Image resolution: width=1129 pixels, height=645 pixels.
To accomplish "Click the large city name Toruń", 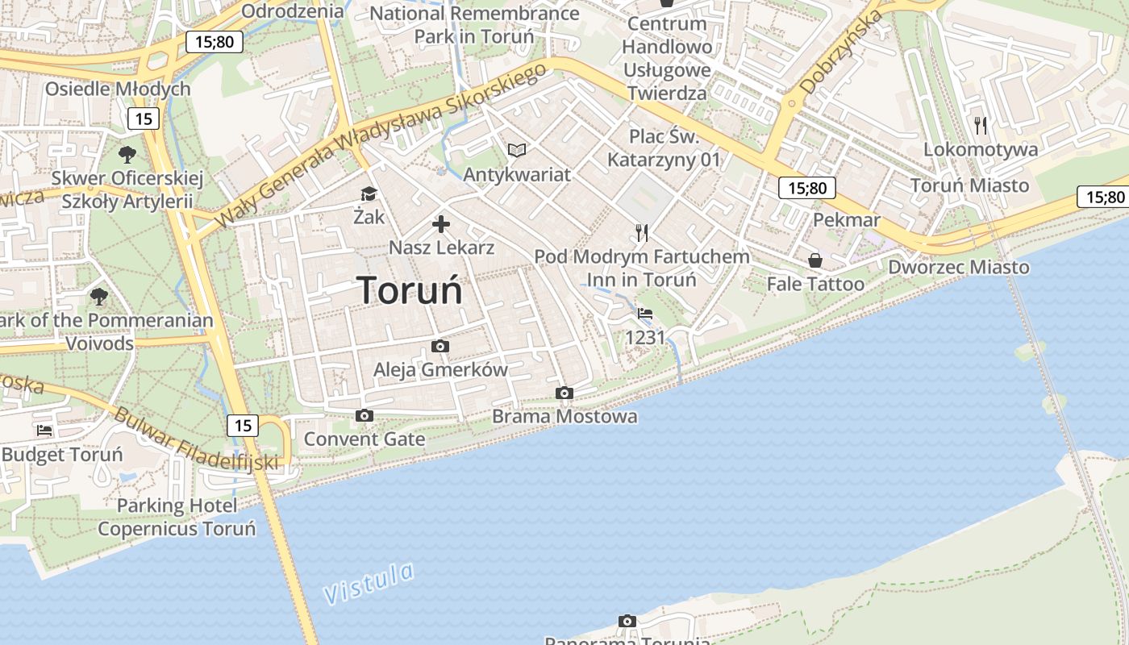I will point(410,290).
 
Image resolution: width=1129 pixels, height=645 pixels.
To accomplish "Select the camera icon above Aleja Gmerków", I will point(440,347).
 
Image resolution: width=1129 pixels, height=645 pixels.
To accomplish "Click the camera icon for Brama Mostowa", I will point(564,393).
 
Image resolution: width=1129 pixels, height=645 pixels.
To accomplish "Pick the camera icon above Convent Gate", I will point(365,416).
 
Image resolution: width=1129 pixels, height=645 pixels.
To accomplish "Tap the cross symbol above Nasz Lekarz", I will point(441,224).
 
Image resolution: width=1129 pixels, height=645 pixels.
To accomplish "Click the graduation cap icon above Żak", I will point(369,193).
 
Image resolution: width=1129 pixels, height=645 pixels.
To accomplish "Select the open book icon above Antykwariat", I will point(517,150).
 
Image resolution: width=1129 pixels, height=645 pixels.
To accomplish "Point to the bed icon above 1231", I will point(645,314).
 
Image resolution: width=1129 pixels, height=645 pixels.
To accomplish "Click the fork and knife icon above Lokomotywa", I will point(981,125).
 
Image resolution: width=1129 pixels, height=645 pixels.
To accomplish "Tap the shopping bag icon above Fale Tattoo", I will point(815,260).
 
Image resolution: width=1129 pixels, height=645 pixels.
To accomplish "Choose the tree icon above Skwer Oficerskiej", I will point(127,154).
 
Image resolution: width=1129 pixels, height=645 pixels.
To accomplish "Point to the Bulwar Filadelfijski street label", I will point(196,440).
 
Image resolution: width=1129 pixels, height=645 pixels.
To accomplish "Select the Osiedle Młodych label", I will point(118,89).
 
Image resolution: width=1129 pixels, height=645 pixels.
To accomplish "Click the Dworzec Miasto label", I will point(959,267).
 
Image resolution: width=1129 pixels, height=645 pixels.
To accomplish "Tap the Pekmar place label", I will point(847,220).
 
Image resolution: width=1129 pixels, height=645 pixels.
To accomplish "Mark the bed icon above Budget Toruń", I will point(44,431).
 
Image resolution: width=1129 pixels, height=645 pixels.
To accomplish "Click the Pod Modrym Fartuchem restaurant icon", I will point(642,233).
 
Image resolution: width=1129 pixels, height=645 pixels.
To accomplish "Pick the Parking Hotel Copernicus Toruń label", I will point(177,518).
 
